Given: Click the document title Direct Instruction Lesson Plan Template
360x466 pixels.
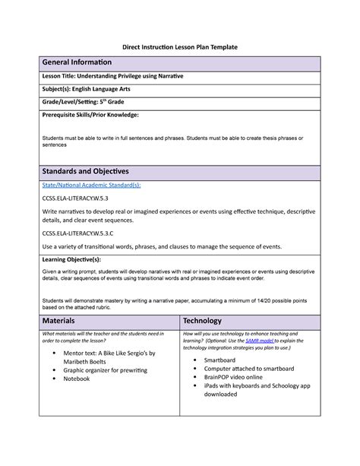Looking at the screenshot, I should [180, 47].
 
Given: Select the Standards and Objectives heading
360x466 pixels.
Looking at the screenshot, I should [85, 171].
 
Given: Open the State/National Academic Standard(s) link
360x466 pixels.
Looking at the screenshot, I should [91, 185].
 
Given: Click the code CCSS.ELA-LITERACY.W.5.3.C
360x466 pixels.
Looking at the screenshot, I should [81, 234].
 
